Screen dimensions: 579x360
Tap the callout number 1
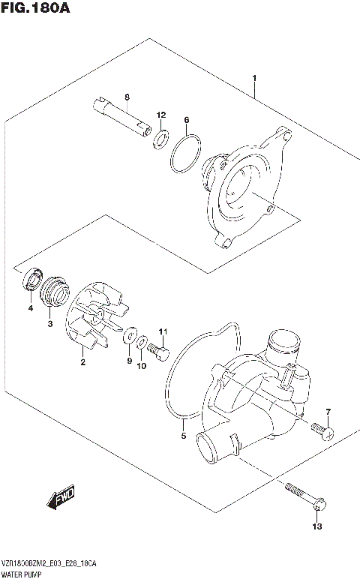[x=255, y=78]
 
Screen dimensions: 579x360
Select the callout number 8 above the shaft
[x=127, y=97]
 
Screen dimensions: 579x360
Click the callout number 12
[x=160, y=115]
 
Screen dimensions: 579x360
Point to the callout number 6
[x=186, y=120]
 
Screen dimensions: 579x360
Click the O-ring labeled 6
[x=184, y=154]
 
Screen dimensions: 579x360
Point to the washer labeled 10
[x=142, y=343]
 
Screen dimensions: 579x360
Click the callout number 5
[x=183, y=435]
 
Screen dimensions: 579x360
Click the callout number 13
[x=317, y=527]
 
